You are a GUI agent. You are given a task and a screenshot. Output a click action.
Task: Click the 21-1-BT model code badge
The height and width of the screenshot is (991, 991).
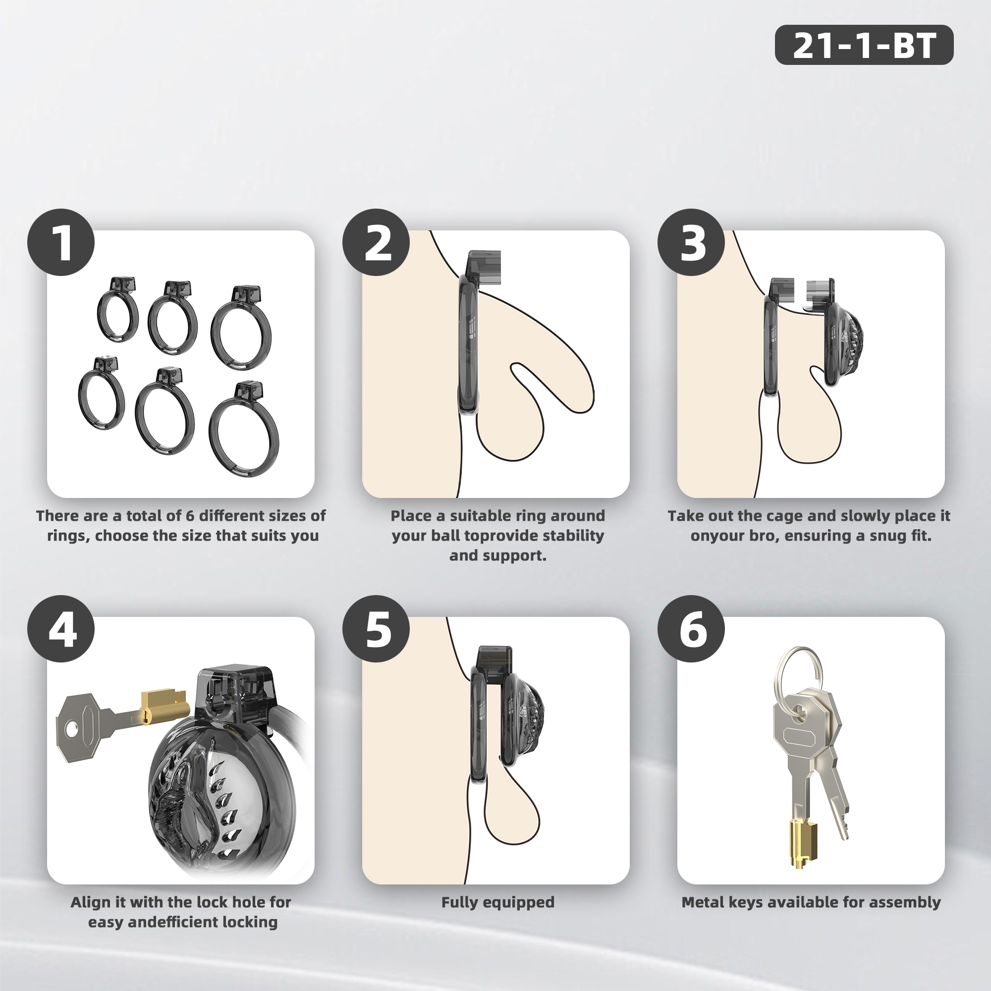coord(864,45)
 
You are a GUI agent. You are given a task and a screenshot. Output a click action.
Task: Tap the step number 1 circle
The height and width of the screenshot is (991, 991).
coord(61,242)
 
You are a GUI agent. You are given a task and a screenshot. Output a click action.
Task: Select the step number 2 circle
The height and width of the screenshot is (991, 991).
coord(376,242)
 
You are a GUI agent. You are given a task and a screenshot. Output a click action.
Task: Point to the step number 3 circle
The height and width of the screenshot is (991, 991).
coord(691,242)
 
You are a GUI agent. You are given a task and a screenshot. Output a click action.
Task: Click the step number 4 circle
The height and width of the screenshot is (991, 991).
coord(61,629)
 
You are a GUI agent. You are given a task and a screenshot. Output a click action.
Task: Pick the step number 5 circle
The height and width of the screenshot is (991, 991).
coord(376,629)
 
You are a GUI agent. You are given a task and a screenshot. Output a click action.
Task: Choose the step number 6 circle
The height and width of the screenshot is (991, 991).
coord(691,629)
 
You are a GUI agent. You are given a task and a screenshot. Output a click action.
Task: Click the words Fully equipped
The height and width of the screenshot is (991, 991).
coord(497,903)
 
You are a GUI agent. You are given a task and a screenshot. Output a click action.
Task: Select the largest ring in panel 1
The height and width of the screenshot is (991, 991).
coord(244,429)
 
